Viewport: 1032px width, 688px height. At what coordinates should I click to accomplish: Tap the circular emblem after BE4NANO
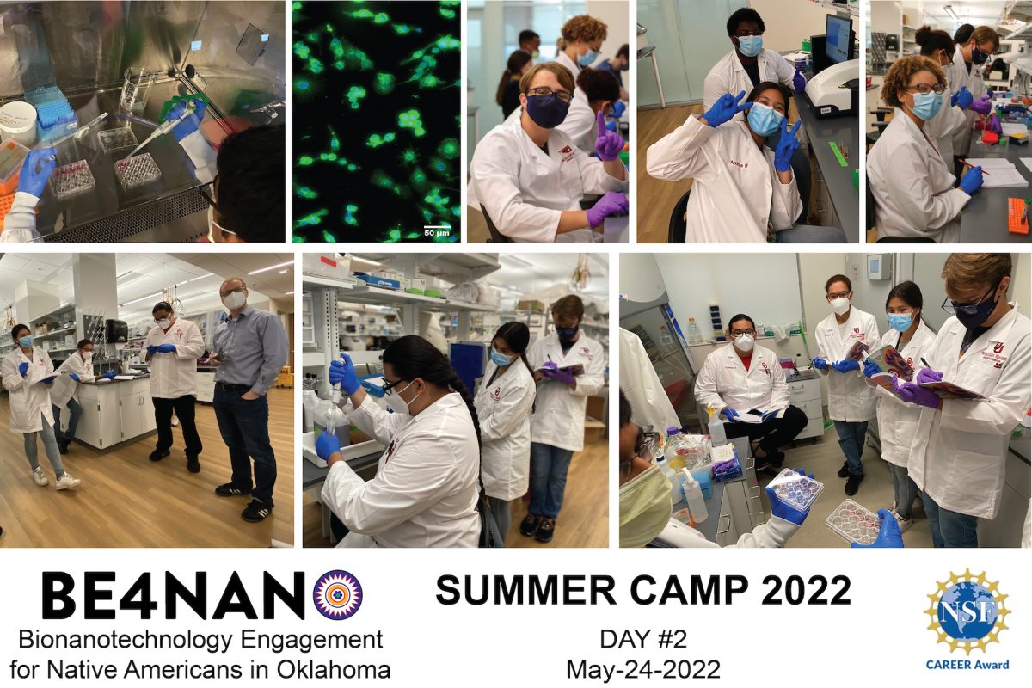[337, 595]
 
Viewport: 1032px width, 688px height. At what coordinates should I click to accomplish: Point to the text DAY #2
[643, 640]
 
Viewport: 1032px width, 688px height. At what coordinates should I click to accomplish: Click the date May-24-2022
[643, 668]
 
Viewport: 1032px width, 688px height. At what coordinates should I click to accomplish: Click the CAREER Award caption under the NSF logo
[967, 664]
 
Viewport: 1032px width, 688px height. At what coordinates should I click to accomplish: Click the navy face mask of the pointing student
[548, 110]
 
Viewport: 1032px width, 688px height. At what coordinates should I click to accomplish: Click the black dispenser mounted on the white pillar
[116, 330]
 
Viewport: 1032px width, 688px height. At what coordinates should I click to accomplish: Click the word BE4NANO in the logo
[172, 595]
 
